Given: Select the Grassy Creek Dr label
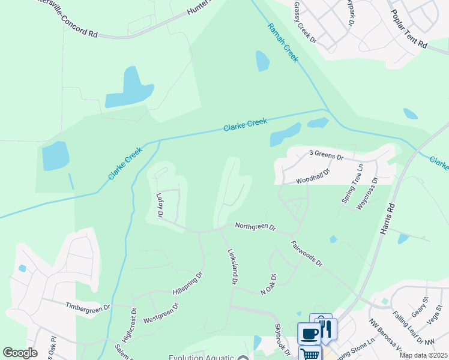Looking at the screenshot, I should click(305, 22).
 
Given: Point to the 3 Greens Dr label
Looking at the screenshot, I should click(326, 157).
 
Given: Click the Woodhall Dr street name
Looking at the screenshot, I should click(313, 176).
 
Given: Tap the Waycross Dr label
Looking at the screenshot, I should click(367, 193).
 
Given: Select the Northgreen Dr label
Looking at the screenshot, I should click(255, 227).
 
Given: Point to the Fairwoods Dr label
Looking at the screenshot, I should click(307, 254).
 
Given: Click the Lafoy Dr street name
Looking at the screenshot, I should click(160, 205).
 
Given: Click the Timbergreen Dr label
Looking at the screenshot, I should click(88, 307).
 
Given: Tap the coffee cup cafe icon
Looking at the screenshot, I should click(309, 334).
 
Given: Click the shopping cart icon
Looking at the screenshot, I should click(310, 354).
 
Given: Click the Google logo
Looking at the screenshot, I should click(20, 353).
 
